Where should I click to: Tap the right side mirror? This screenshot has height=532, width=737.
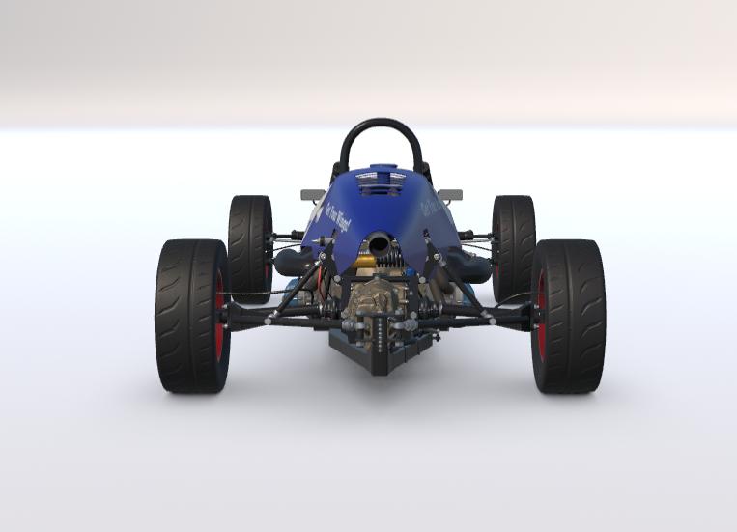tap(449, 195)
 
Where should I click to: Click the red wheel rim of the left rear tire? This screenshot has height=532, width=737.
tap(221, 316)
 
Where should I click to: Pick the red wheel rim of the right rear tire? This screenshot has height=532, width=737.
tap(539, 316)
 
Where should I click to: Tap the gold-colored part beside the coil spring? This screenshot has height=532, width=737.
tap(367, 261)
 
